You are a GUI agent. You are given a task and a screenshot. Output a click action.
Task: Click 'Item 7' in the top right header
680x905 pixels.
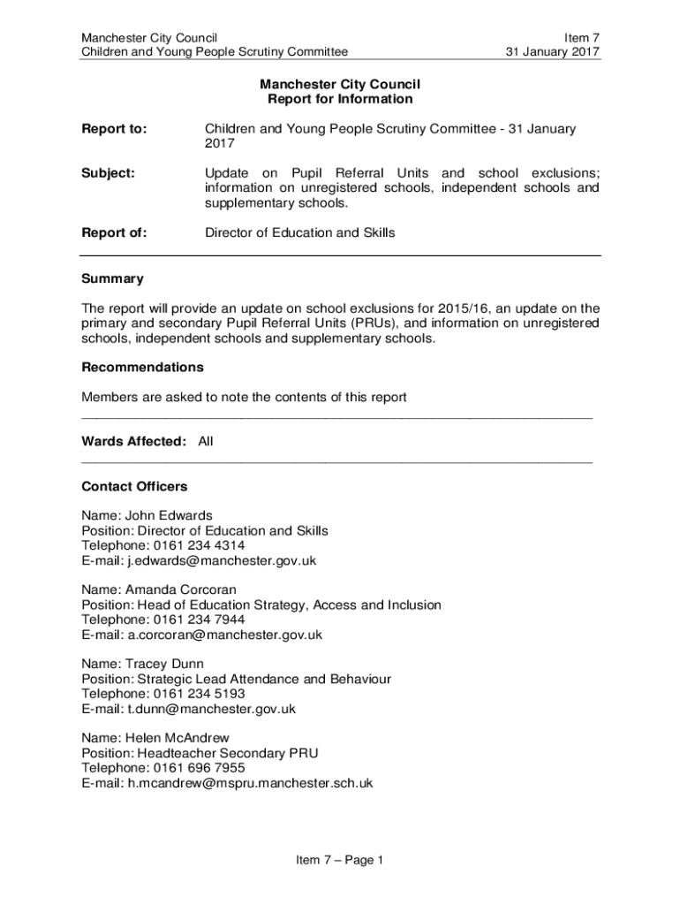(581, 38)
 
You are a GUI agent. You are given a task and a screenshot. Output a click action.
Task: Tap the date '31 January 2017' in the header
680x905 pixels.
(552, 52)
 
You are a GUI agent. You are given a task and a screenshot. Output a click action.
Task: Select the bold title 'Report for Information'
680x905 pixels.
(340, 99)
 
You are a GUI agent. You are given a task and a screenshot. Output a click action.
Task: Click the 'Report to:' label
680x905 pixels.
(114, 129)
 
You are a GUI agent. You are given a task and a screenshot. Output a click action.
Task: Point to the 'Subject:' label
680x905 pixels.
(108, 173)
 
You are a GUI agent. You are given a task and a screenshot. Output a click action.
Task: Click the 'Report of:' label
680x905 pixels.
(114, 233)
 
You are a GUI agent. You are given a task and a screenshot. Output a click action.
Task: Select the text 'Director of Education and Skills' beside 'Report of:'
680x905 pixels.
(300, 233)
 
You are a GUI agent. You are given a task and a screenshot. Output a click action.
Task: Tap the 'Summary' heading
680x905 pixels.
(112, 279)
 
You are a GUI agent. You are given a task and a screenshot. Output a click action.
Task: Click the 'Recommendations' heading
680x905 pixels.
(142, 367)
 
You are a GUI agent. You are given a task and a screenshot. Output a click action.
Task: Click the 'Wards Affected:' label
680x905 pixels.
(133, 441)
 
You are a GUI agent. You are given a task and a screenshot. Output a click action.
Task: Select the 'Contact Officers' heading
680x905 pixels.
(134, 487)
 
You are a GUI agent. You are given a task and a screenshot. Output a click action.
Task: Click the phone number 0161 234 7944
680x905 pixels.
(199, 620)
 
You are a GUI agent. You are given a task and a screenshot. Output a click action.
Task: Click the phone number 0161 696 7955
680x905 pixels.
(199, 768)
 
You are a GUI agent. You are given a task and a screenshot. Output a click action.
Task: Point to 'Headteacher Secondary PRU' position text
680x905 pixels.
(227, 753)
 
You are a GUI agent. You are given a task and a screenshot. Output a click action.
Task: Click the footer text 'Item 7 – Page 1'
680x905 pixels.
(340, 860)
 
